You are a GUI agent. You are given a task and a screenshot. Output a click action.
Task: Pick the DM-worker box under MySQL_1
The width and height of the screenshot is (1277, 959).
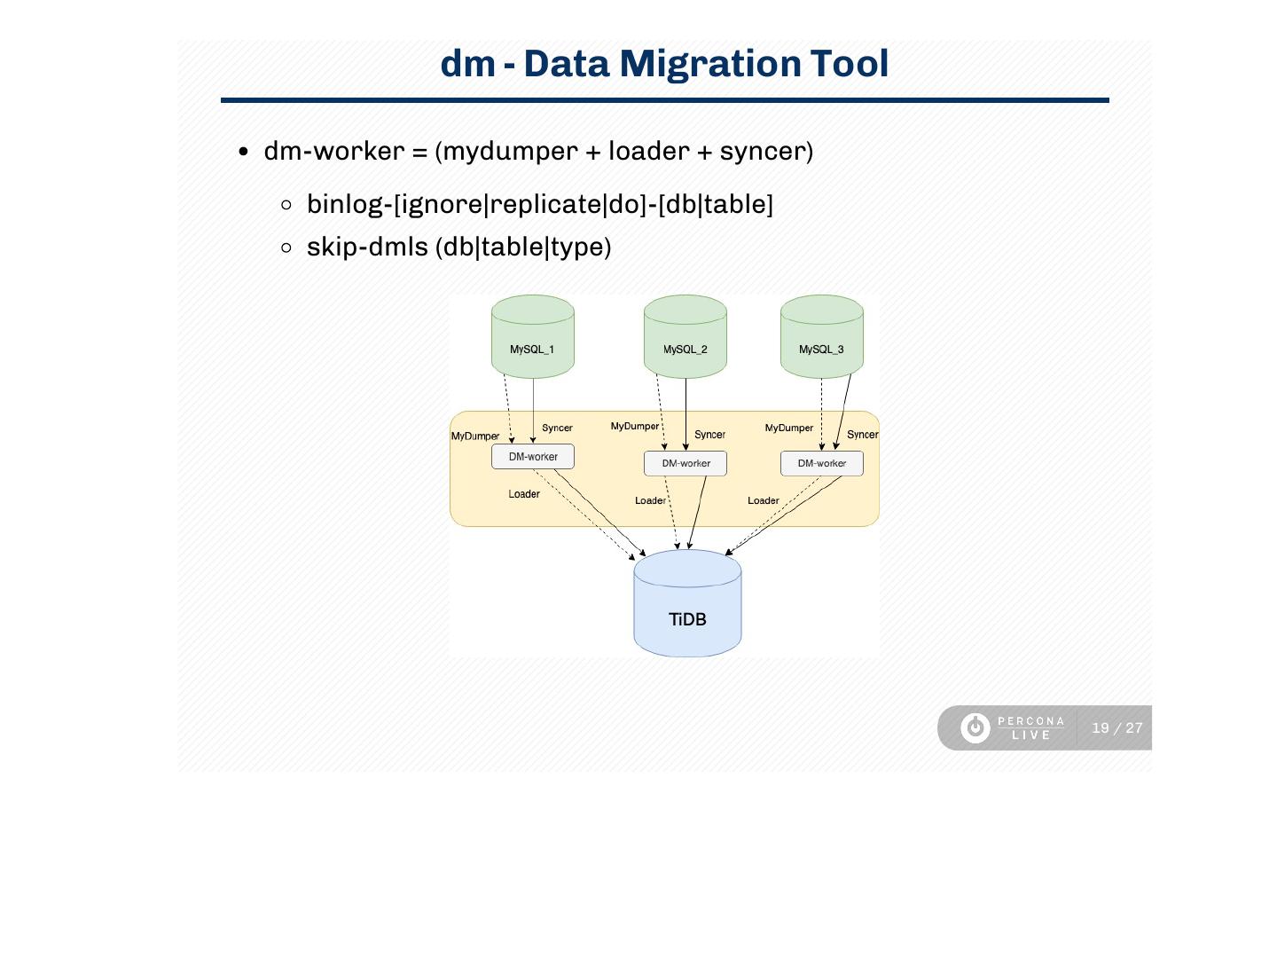533,457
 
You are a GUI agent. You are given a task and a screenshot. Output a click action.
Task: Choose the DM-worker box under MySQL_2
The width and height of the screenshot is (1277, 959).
686,463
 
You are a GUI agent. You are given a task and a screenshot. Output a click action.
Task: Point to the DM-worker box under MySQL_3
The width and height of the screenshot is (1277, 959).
822,463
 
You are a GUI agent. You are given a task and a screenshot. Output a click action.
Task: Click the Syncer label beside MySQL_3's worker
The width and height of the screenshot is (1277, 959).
862,435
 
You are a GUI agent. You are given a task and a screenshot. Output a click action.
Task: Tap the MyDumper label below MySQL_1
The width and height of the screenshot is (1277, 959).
475,436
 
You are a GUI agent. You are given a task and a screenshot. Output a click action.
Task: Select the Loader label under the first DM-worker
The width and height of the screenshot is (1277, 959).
524,494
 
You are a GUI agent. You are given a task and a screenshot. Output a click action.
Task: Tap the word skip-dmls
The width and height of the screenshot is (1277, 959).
367,247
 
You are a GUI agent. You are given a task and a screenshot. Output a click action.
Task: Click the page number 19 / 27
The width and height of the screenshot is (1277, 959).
1117,728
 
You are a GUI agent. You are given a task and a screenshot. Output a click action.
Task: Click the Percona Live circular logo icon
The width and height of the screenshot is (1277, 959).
975,728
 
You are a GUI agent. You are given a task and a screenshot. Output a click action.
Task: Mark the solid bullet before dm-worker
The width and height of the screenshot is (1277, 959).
244,152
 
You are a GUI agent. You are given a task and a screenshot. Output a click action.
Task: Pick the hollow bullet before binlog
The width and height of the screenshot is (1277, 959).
286,205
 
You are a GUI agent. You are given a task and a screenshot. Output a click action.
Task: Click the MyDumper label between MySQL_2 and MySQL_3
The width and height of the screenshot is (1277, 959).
788,428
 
